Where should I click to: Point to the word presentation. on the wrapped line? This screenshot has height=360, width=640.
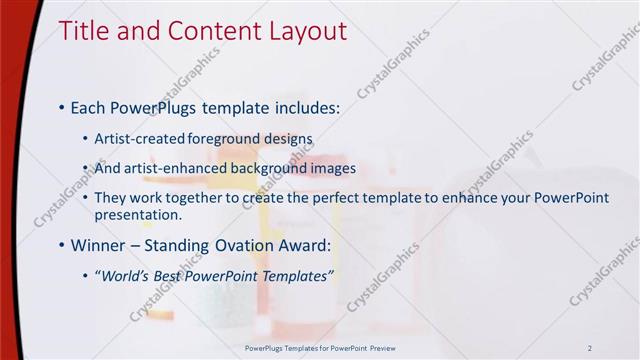point(138,214)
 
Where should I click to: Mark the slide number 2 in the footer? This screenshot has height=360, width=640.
point(590,347)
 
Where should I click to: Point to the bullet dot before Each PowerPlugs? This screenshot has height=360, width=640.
point(62,105)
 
